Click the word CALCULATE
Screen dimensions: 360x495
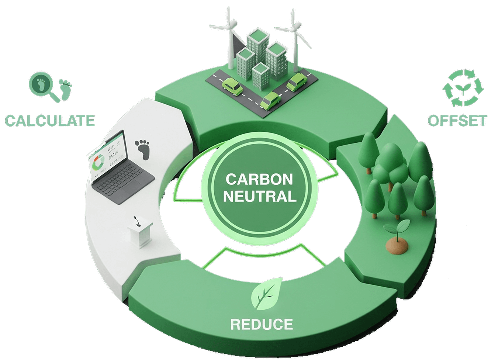coord(50,120)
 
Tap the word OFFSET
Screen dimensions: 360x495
coord(457,121)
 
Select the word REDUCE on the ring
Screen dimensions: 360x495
coord(262,324)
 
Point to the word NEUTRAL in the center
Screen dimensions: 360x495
coord(260,196)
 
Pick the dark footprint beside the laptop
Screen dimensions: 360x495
coord(142,149)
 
